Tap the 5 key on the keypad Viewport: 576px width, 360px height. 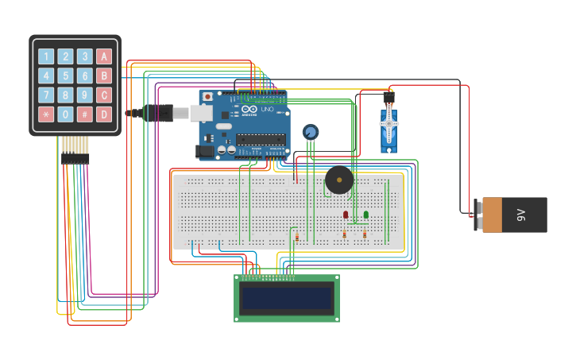[65, 75]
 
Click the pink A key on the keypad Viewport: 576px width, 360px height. [104, 56]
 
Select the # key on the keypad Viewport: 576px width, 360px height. [84, 114]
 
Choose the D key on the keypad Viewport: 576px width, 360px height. [104, 114]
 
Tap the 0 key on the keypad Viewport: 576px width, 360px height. [65, 114]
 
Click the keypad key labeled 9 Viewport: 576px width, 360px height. [84, 95]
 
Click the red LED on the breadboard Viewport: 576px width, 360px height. [345, 215]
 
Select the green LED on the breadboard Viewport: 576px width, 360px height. [365, 215]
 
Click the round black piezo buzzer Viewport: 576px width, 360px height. [339, 180]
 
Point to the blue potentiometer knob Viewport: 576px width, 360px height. [311, 132]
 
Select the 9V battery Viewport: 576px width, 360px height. [512, 215]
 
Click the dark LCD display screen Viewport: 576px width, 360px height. [287, 299]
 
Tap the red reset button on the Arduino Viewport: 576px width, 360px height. [208, 97]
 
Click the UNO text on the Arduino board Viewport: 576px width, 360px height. [267, 109]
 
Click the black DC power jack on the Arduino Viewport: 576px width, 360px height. [205, 151]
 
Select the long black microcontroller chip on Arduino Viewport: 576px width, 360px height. [260, 139]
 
